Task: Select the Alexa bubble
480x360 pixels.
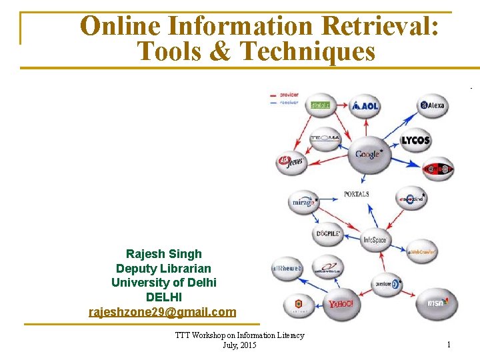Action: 433,105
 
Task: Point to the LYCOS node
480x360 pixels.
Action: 415,141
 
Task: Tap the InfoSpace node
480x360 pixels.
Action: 375,240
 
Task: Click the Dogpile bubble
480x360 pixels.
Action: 329,234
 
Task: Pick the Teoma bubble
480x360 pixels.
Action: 325,139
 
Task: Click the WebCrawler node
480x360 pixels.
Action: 421,252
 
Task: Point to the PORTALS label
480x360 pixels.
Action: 357,194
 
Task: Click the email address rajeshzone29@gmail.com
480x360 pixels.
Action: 163,312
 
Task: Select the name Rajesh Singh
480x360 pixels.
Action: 164,254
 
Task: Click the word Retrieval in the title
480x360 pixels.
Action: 379,26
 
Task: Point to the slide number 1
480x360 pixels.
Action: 449,345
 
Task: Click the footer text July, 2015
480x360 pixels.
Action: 239,345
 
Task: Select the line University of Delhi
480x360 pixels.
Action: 164,283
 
